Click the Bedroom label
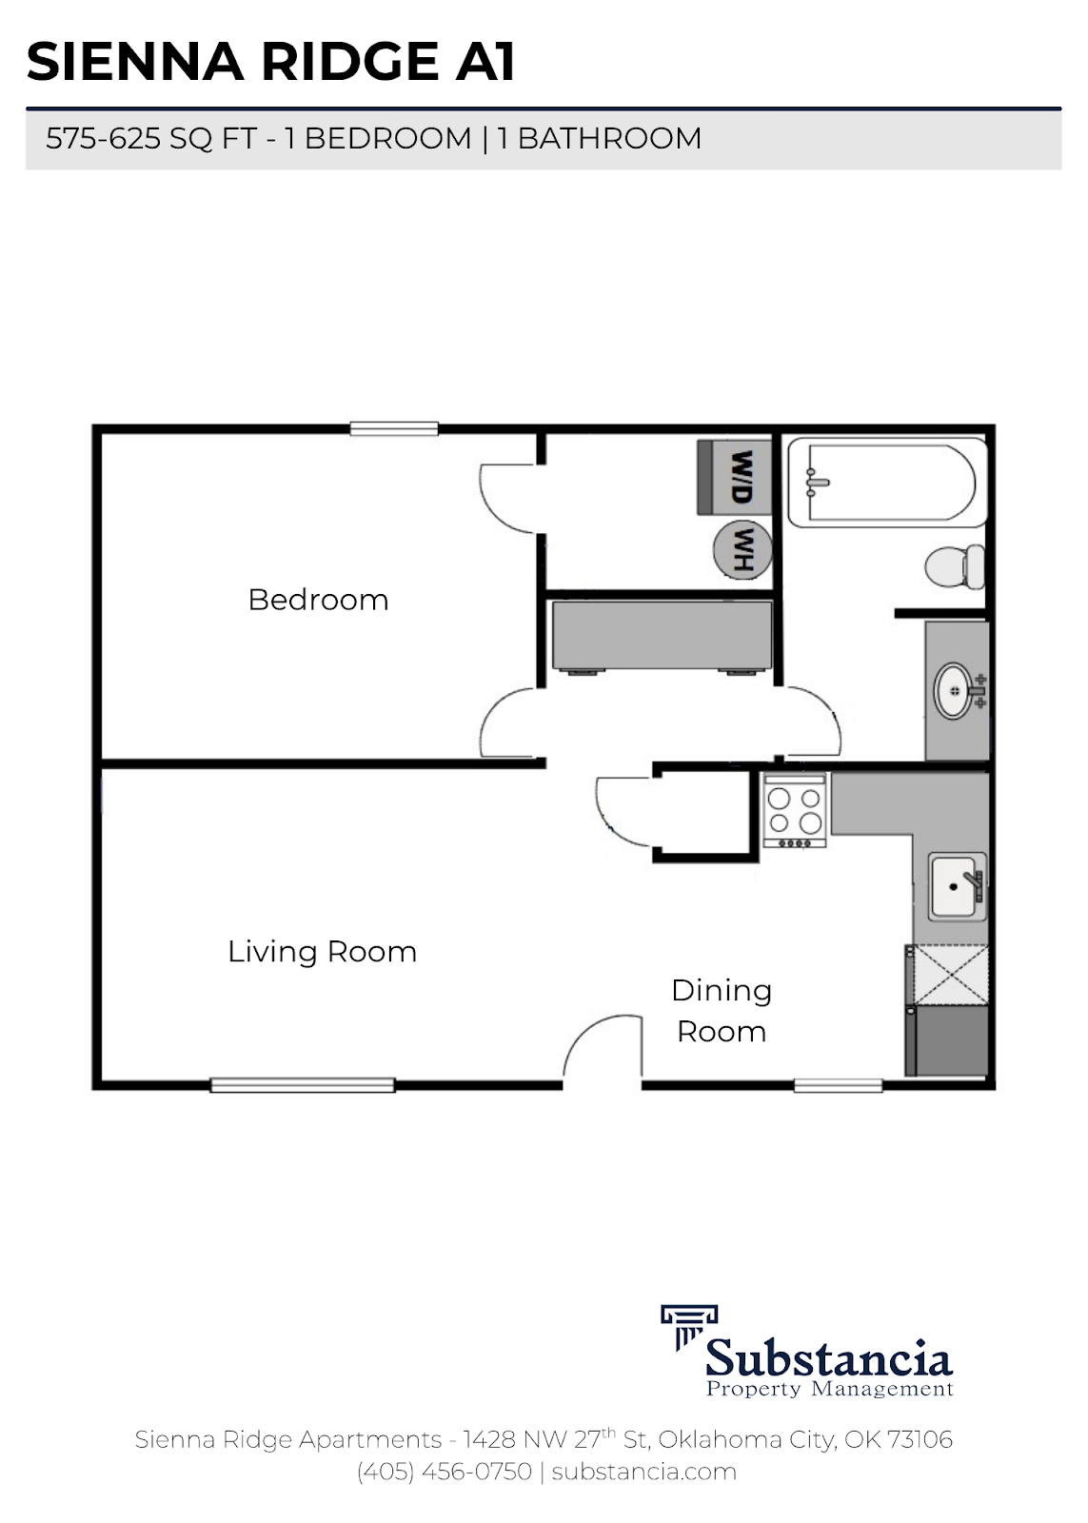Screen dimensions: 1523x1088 [318, 600]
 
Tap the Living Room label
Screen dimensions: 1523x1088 [322, 951]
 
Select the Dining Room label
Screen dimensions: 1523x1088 [722, 1010]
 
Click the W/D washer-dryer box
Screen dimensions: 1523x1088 [734, 477]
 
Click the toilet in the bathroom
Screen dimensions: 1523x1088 [956, 566]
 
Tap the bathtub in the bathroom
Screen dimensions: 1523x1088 [883, 483]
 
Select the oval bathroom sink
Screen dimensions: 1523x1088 [954, 690]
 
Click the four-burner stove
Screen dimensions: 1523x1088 [795, 810]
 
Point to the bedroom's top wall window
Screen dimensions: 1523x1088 [393, 429]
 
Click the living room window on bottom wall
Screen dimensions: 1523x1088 [302, 1084]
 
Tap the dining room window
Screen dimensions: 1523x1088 [838, 1084]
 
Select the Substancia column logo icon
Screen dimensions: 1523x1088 [688, 1326]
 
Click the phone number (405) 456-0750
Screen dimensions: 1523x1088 [444, 1472]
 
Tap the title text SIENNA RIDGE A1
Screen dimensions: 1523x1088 [271, 62]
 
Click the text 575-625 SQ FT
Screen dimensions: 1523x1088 [151, 139]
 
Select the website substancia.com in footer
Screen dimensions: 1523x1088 [643, 1472]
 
